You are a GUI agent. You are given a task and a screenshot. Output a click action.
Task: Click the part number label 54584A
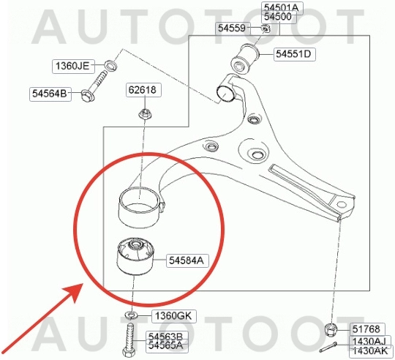187,260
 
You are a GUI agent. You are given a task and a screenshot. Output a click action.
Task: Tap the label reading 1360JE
73,66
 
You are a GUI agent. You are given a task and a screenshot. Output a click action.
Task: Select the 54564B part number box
50,94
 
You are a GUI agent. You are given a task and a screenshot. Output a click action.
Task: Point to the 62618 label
143,90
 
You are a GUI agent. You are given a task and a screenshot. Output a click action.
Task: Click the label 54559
233,29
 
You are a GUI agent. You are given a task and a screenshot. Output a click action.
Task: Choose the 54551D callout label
295,54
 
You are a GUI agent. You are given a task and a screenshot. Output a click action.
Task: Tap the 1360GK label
174,316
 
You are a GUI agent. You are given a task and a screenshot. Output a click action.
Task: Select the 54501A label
282,7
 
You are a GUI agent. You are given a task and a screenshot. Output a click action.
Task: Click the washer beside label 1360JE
110,65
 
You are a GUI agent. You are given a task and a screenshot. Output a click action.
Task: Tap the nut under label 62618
145,114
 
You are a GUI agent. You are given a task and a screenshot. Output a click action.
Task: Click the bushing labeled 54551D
245,59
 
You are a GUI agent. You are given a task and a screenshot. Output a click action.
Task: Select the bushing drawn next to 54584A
135,256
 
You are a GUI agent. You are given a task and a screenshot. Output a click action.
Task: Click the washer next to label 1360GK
131,315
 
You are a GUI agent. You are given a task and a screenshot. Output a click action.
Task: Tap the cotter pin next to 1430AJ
328,348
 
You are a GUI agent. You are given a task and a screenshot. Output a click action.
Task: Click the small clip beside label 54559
266,29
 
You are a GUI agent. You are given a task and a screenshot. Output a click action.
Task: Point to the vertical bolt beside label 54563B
129,340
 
